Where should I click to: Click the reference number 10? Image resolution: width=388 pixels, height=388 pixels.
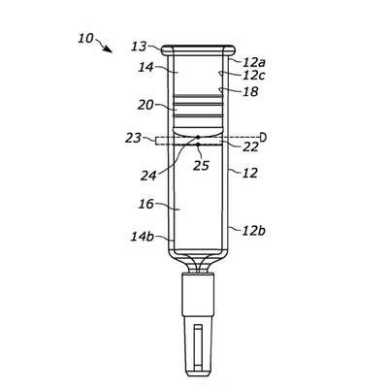tap(85, 39)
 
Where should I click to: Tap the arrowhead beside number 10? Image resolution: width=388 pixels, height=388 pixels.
tap(109, 49)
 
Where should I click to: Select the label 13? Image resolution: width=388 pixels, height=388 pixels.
tap(139, 47)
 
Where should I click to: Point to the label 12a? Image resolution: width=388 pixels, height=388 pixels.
tap(254, 61)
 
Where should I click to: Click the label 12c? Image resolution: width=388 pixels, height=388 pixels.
tap(254, 76)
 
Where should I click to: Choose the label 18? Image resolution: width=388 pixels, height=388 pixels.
tap(251, 91)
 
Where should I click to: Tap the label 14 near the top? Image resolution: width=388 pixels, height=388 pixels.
tap(145, 68)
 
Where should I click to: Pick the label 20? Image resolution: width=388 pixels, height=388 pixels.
tap(145, 105)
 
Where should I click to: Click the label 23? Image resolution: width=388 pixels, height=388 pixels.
tap(133, 139)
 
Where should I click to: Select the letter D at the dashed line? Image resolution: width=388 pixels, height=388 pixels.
tap(264, 138)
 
